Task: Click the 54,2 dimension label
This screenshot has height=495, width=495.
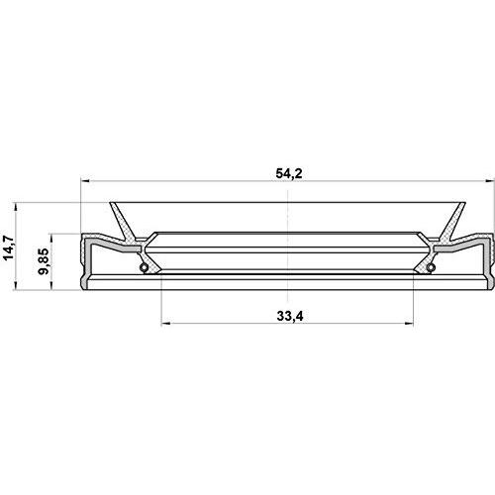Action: (x=287, y=174)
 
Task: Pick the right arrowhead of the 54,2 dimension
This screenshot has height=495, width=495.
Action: (x=486, y=182)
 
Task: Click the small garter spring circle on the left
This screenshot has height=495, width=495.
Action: (x=144, y=267)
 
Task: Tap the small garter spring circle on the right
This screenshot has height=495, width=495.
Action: (x=431, y=267)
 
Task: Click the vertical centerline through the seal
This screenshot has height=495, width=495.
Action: (x=287, y=238)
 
